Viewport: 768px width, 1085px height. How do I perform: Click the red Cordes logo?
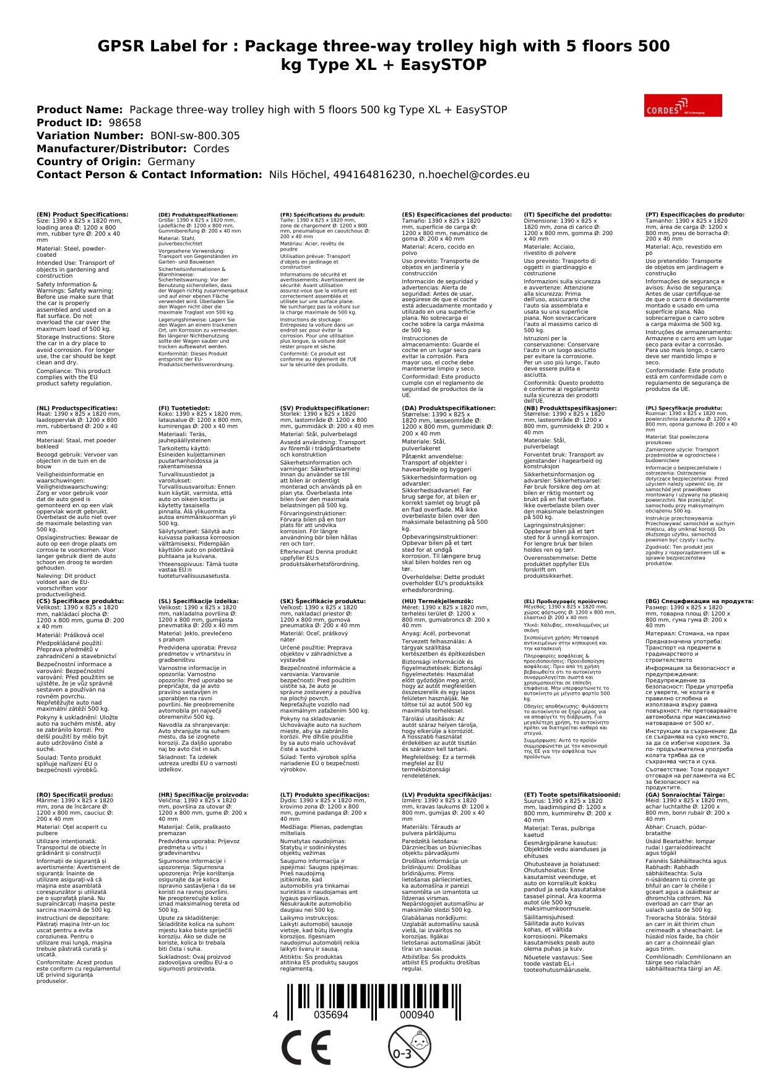tap(683, 105)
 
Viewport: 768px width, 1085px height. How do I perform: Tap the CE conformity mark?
tap(306, 1047)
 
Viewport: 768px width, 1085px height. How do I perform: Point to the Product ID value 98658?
tap(125, 123)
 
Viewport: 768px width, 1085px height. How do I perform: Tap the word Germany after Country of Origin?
tap(171, 162)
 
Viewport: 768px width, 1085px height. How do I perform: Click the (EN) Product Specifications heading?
tap(82, 215)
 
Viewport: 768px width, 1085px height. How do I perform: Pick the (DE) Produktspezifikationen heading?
tap(198, 215)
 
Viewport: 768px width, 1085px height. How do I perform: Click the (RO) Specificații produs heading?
tap(75, 795)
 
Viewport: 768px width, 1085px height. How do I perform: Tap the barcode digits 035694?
tap(331, 1015)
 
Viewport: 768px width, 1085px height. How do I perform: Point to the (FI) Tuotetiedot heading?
tap(184, 408)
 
